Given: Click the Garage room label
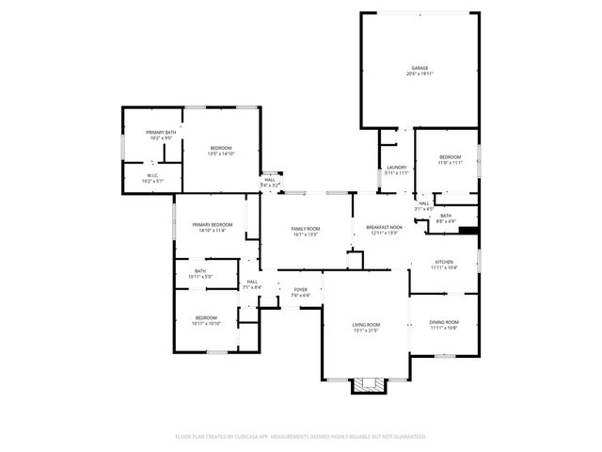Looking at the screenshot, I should pos(420,69).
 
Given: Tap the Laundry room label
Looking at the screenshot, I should pos(396,170).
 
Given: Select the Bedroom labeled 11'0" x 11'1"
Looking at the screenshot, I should pos(450,159).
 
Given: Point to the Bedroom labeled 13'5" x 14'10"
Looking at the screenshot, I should pos(221,151).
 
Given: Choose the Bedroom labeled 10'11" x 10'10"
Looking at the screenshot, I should pos(206,320).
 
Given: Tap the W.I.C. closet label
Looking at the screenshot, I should pos(151,178).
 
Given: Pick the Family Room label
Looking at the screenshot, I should pos(305,231).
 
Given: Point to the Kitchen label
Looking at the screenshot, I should pos(444,265).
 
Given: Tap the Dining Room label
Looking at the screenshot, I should pos(443,325).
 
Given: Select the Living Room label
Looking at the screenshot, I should pos(366,327).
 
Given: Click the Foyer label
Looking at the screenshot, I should pos(300,292).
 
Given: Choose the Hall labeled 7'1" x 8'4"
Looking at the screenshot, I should pos(252,283).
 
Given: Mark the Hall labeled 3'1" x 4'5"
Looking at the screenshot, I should pos(423,206).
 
